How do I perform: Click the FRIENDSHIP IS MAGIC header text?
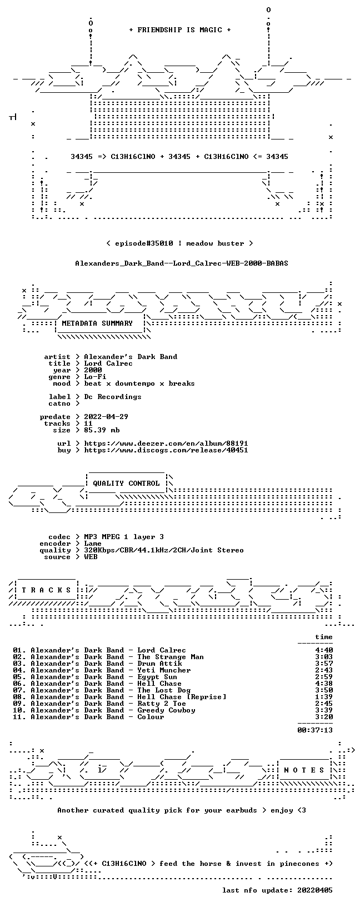tap(180, 30)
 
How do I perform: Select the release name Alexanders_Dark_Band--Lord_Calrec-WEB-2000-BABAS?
tap(182, 263)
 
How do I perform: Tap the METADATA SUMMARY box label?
tap(97, 323)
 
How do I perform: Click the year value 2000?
tap(93, 370)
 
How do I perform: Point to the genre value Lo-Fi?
tap(95, 377)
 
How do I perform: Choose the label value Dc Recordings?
tap(113, 397)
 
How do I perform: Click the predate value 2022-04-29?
tap(106, 417)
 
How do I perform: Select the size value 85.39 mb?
tap(102, 430)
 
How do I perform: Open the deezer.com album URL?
tap(166, 443)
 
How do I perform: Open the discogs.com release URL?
tap(166, 450)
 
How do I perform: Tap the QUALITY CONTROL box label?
tap(126, 483)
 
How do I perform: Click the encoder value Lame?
tap(93, 544)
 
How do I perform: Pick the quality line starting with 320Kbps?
tap(164, 550)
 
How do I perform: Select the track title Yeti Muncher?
tap(164, 670)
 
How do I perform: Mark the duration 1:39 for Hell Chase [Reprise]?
tap(324, 697)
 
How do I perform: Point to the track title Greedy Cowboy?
tap(167, 710)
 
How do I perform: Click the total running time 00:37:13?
tap(315, 730)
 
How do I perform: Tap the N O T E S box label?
tap(304, 770)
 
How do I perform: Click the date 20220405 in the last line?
tap(315, 890)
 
